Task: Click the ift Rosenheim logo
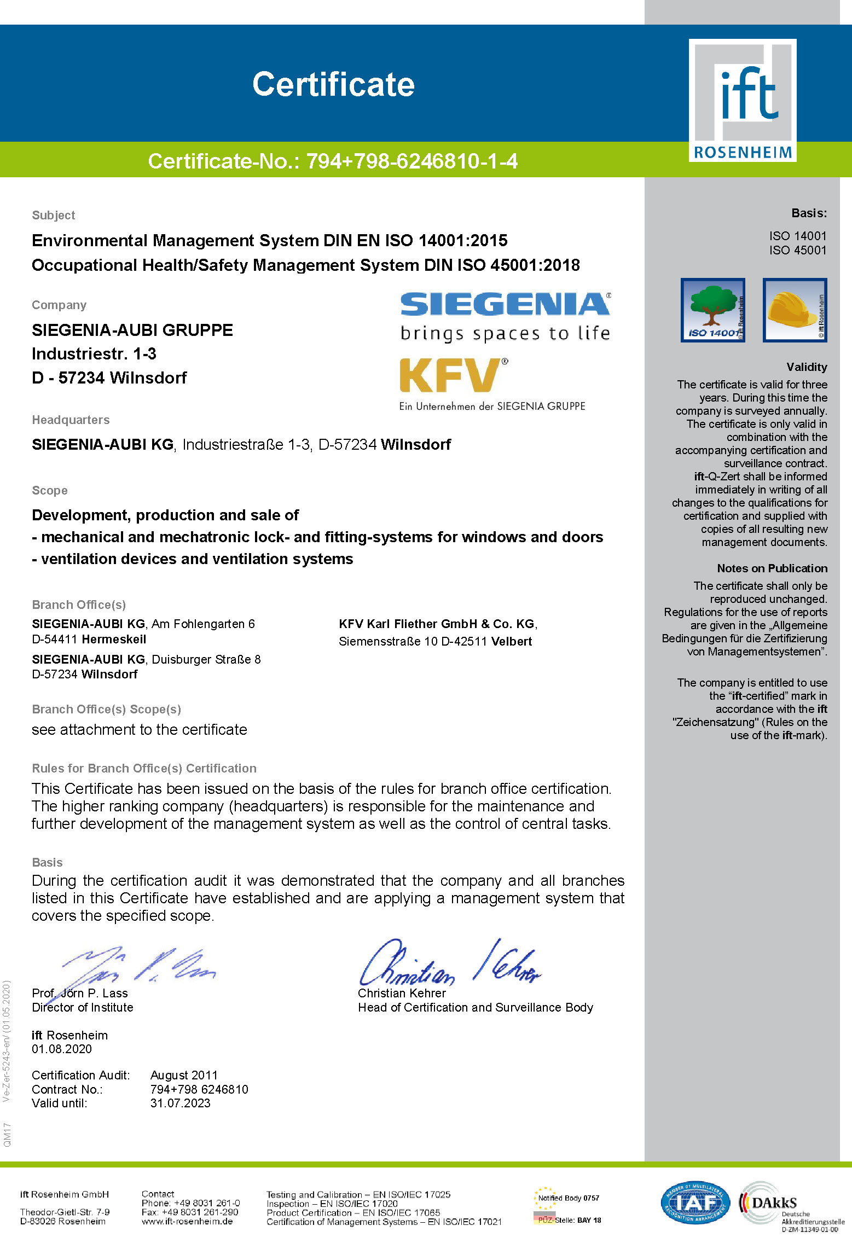click(742, 100)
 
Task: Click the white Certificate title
click(333, 85)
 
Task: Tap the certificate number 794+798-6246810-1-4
click(411, 161)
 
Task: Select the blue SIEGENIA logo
click(505, 304)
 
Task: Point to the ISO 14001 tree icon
click(712, 310)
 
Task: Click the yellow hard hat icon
click(795, 310)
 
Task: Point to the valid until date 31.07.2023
click(181, 1103)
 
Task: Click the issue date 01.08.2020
click(62, 1049)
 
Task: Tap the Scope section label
click(50, 490)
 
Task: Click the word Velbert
click(511, 641)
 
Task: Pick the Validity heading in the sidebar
click(807, 367)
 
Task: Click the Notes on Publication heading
click(772, 568)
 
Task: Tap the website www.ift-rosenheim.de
click(187, 1221)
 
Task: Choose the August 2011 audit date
click(184, 1075)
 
